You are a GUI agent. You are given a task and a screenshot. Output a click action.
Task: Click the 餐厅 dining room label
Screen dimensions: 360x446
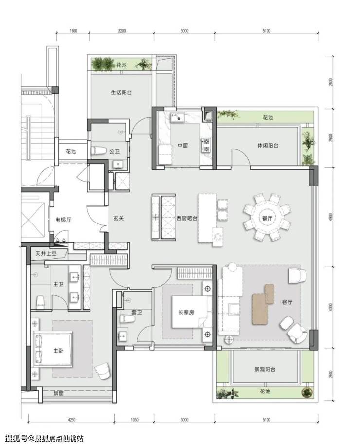tap(267, 218)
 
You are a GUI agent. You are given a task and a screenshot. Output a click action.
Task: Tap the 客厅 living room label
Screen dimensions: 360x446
tap(287, 302)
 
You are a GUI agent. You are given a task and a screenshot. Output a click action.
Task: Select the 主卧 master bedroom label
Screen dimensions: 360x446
tap(58, 351)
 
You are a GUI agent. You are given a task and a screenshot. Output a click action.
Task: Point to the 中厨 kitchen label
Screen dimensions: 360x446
tap(183, 146)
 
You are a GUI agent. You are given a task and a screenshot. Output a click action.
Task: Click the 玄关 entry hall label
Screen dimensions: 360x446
tap(119, 219)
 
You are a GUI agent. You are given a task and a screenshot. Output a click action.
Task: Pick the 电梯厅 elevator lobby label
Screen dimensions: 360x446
tap(63, 220)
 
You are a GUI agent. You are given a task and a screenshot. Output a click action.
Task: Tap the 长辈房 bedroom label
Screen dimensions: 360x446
tap(186, 312)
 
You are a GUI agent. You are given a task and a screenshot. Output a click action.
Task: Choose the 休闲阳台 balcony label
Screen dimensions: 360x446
tap(268, 146)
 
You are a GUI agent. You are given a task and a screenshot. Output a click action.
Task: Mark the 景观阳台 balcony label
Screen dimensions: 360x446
tap(265, 369)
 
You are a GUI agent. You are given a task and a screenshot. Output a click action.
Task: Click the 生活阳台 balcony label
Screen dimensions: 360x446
tap(121, 93)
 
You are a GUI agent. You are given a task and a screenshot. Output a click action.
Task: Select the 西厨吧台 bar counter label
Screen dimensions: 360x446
tap(187, 219)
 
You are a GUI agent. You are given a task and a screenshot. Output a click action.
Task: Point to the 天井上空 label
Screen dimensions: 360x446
tap(46, 253)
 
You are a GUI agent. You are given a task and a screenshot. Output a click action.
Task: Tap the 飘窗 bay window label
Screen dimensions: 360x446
tap(58, 394)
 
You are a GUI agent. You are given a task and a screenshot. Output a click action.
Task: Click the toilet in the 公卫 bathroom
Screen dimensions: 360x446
tap(98, 151)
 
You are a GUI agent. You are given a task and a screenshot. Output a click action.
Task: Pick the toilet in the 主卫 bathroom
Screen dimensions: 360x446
tap(41, 302)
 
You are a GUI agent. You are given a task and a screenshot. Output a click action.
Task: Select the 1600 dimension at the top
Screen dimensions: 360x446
tap(73, 31)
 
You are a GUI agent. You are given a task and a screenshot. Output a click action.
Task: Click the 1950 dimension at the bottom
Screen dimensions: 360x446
tap(134, 419)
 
